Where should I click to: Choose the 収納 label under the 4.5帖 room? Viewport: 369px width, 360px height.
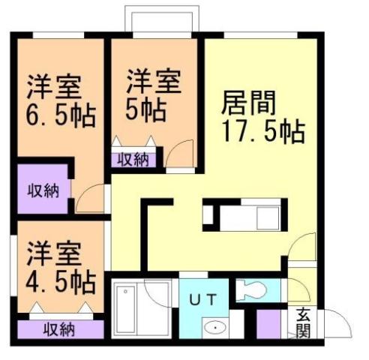coord(59,328)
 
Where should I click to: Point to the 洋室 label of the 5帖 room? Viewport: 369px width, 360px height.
coord(151,79)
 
